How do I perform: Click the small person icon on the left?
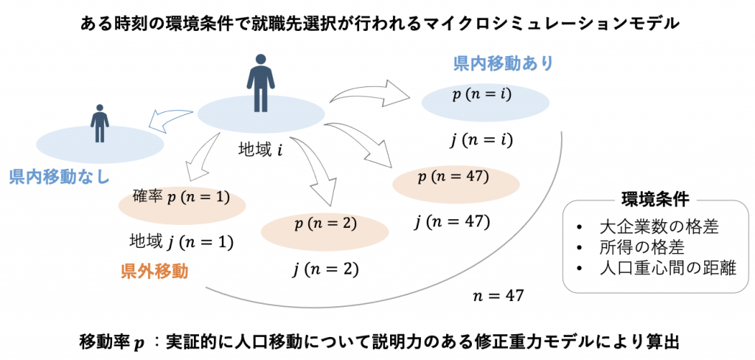(99, 123)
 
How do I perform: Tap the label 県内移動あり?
(502, 64)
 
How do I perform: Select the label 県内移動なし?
(59, 177)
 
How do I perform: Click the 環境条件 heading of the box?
(644, 200)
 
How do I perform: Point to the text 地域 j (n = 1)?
(181, 241)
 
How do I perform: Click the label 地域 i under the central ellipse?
(258, 150)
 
